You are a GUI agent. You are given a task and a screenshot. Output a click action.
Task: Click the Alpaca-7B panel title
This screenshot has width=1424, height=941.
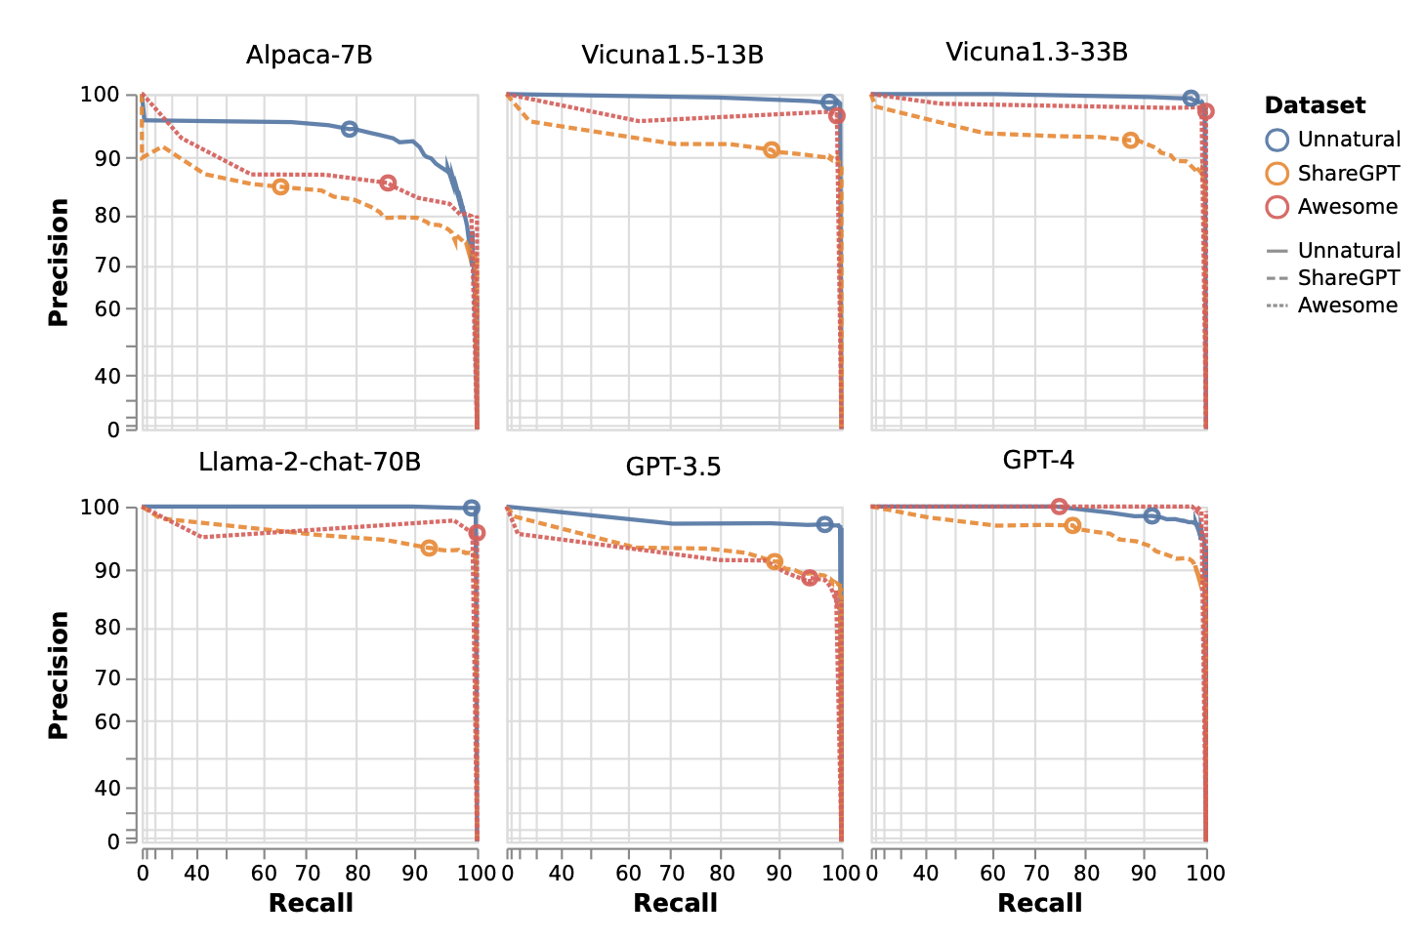pyautogui.click(x=309, y=55)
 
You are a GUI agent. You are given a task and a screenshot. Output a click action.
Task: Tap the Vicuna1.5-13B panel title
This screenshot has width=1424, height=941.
pyautogui.click(x=672, y=55)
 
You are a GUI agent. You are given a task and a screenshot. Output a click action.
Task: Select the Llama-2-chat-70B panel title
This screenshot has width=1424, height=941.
pyautogui.click(x=309, y=462)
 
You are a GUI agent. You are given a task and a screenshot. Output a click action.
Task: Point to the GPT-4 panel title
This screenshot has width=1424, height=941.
pyautogui.click(x=1037, y=460)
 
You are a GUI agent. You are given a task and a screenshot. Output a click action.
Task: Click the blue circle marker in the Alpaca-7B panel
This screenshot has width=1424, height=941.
pyautogui.click(x=349, y=129)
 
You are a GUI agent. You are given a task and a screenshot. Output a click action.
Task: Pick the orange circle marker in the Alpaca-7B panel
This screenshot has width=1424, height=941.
pyautogui.click(x=280, y=186)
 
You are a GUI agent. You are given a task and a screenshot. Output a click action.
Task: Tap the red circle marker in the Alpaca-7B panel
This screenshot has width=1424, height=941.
pyautogui.click(x=388, y=184)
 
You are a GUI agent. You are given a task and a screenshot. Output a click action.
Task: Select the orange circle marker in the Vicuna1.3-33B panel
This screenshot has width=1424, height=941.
pyautogui.click(x=1130, y=141)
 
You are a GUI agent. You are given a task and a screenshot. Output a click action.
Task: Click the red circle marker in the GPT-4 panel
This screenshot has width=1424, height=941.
pyautogui.click(x=1059, y=507)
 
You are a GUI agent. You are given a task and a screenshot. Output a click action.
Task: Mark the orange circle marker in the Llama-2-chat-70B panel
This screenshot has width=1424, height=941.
pyautogui.click(x=429, y=549)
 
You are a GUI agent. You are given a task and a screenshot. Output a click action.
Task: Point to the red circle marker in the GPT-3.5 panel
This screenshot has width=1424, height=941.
pyautogui.click(x=810, y=578)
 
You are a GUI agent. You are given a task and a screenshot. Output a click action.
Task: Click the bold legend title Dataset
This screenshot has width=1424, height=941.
pyautogui.click(x=1315, y=105)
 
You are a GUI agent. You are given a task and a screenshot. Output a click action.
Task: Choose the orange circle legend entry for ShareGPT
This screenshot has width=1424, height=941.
pyautogui.click(x=1277, y=174)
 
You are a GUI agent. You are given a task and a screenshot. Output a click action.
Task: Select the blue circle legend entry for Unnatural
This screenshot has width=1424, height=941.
pyautogui.click(x=1277, y=140)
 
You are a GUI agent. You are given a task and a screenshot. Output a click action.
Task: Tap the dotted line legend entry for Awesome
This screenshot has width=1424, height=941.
pyautogui.click(x=1277, y=307)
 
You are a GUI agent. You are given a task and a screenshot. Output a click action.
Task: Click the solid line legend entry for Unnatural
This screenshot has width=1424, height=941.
pyautogui.click(x=1277, y=252)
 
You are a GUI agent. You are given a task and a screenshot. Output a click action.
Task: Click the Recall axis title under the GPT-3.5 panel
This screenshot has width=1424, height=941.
pyautogui.click(x=675, y=903)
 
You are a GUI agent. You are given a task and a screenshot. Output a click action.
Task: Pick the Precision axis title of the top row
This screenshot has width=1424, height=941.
pyautogui.click(x=59, y=262)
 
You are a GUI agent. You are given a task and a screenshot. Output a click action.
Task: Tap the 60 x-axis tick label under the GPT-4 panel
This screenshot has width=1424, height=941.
pyautogui.click(x=992, y=872)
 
